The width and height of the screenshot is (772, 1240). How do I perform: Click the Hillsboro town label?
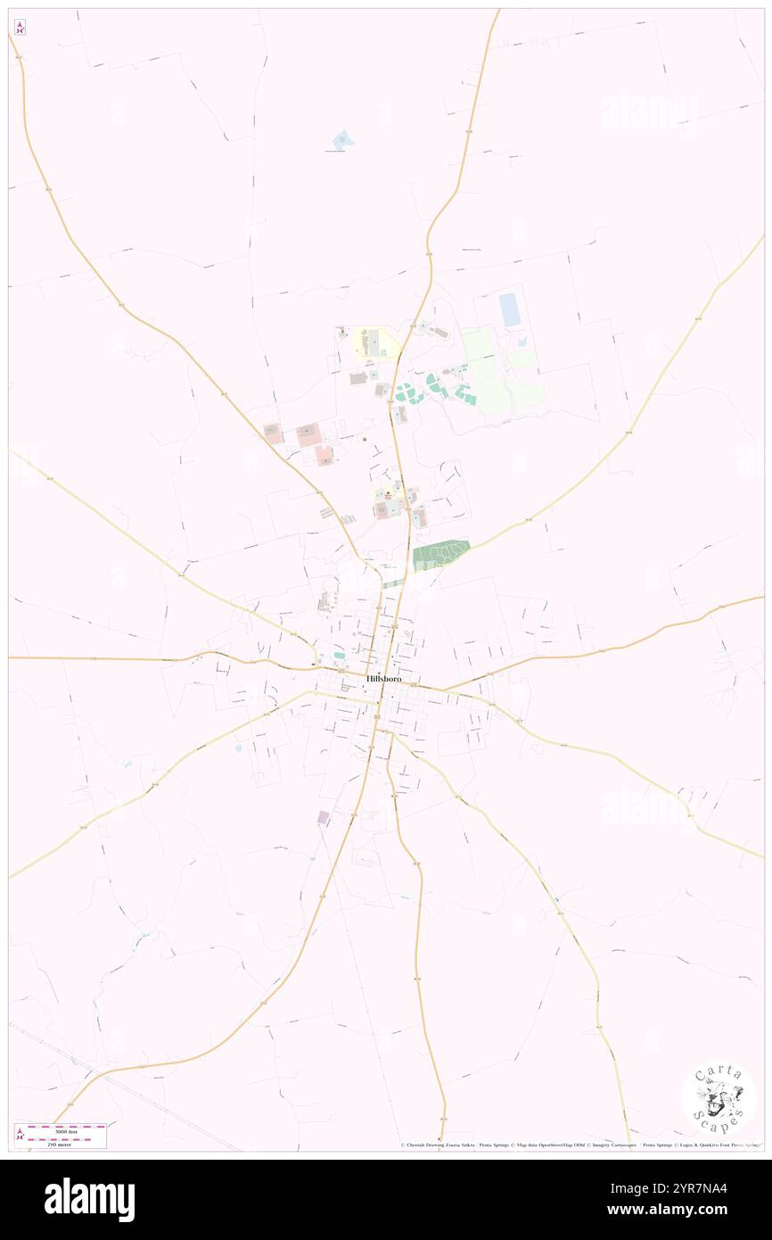[x=384, y=679]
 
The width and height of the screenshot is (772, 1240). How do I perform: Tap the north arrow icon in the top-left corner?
[x=20, y=27]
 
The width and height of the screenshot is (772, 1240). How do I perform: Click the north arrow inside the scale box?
[x=20, y=1134]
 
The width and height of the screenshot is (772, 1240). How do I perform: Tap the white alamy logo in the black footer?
[x=89, y=1200]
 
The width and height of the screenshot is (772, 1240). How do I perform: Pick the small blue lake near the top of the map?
[x=342, y=140]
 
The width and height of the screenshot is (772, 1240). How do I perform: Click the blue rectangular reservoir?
[x=510, y=309]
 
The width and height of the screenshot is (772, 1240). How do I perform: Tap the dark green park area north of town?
[x=439, y=555]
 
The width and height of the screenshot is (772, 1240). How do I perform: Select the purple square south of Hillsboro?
[x=323, y=817]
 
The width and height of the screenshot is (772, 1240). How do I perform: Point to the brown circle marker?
[x=364, y=439]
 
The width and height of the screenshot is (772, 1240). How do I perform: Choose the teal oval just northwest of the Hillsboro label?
[x=339, y=657]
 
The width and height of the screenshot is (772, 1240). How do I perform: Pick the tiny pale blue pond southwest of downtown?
[x=237, y=748]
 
